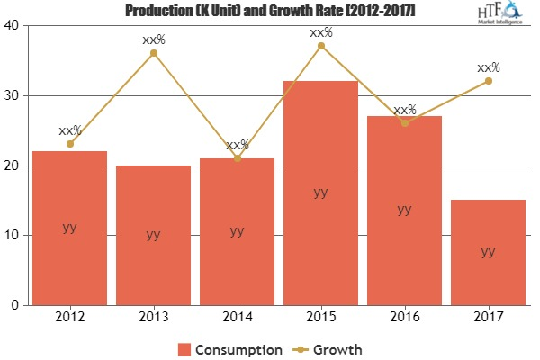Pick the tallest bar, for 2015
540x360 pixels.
[x=320, y=193]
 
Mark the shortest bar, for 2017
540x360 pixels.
[x=488, y=252]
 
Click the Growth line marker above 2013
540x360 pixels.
[x=153, y=53]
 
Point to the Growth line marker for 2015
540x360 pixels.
[x=320, y=46]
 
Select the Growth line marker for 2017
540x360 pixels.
[x=488, y=81]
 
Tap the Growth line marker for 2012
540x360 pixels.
[x=69, y=144]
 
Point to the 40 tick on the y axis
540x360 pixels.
[x=13, y=25]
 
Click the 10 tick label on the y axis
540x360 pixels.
[x=13, y=235]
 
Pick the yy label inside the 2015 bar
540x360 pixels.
[x=320, y=192]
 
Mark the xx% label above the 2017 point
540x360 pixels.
[x=488, y=67]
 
